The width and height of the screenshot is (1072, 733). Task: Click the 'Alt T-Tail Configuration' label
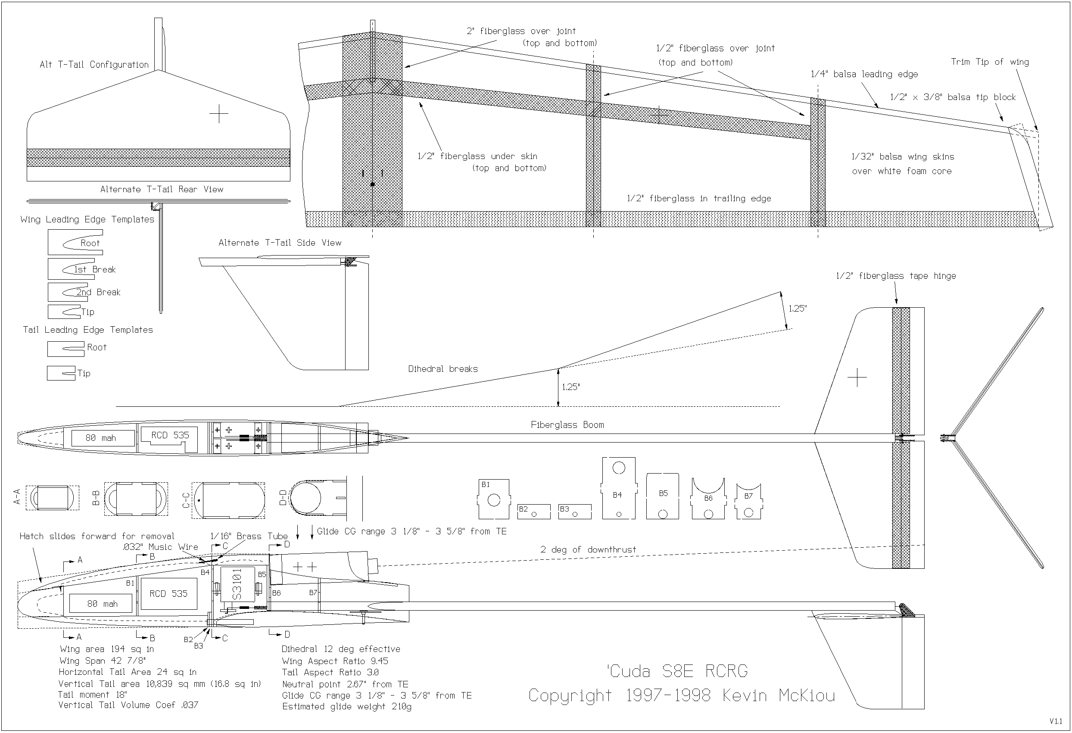pos(94,65)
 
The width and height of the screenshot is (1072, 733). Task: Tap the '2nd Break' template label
pos(98,292)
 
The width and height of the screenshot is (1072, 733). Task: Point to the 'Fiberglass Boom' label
pos(567,425)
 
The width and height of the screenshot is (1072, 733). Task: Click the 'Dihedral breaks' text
pos(443,369)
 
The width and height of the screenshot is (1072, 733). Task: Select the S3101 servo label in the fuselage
pos(237,584)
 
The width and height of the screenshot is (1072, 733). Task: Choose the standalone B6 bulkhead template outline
pos(708,499)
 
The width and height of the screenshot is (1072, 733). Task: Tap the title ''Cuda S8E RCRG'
pos(677,671)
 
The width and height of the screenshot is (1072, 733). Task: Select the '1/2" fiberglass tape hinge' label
pos(896,276)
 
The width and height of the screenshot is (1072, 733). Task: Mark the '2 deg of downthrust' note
pos(588,550)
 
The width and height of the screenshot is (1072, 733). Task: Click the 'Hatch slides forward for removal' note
pos(97,536)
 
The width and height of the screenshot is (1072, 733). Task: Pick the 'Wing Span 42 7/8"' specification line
pos(103,661)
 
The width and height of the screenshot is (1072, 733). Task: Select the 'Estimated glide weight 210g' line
pos(346,707)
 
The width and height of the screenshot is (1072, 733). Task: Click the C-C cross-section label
pos(186,500)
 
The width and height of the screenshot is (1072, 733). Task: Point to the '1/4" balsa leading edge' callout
pos(864,74)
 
